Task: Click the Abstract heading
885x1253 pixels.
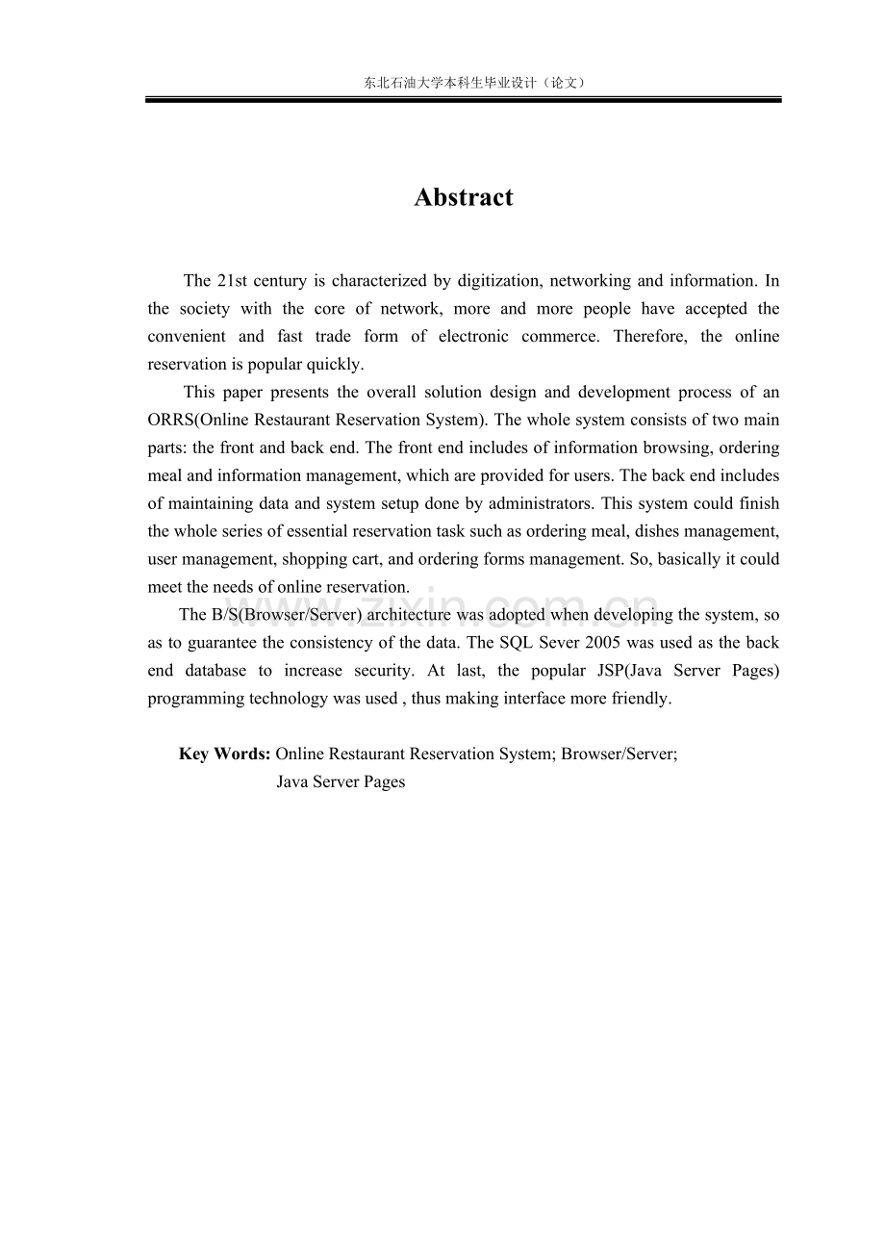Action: (464, 197)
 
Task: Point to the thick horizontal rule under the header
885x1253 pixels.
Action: (464, 99)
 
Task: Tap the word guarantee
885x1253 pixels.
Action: (214, 644)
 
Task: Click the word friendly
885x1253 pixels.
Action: (639, 699)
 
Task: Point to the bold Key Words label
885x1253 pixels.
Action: (224, 754)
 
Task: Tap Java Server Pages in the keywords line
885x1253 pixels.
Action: (341, 782)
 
